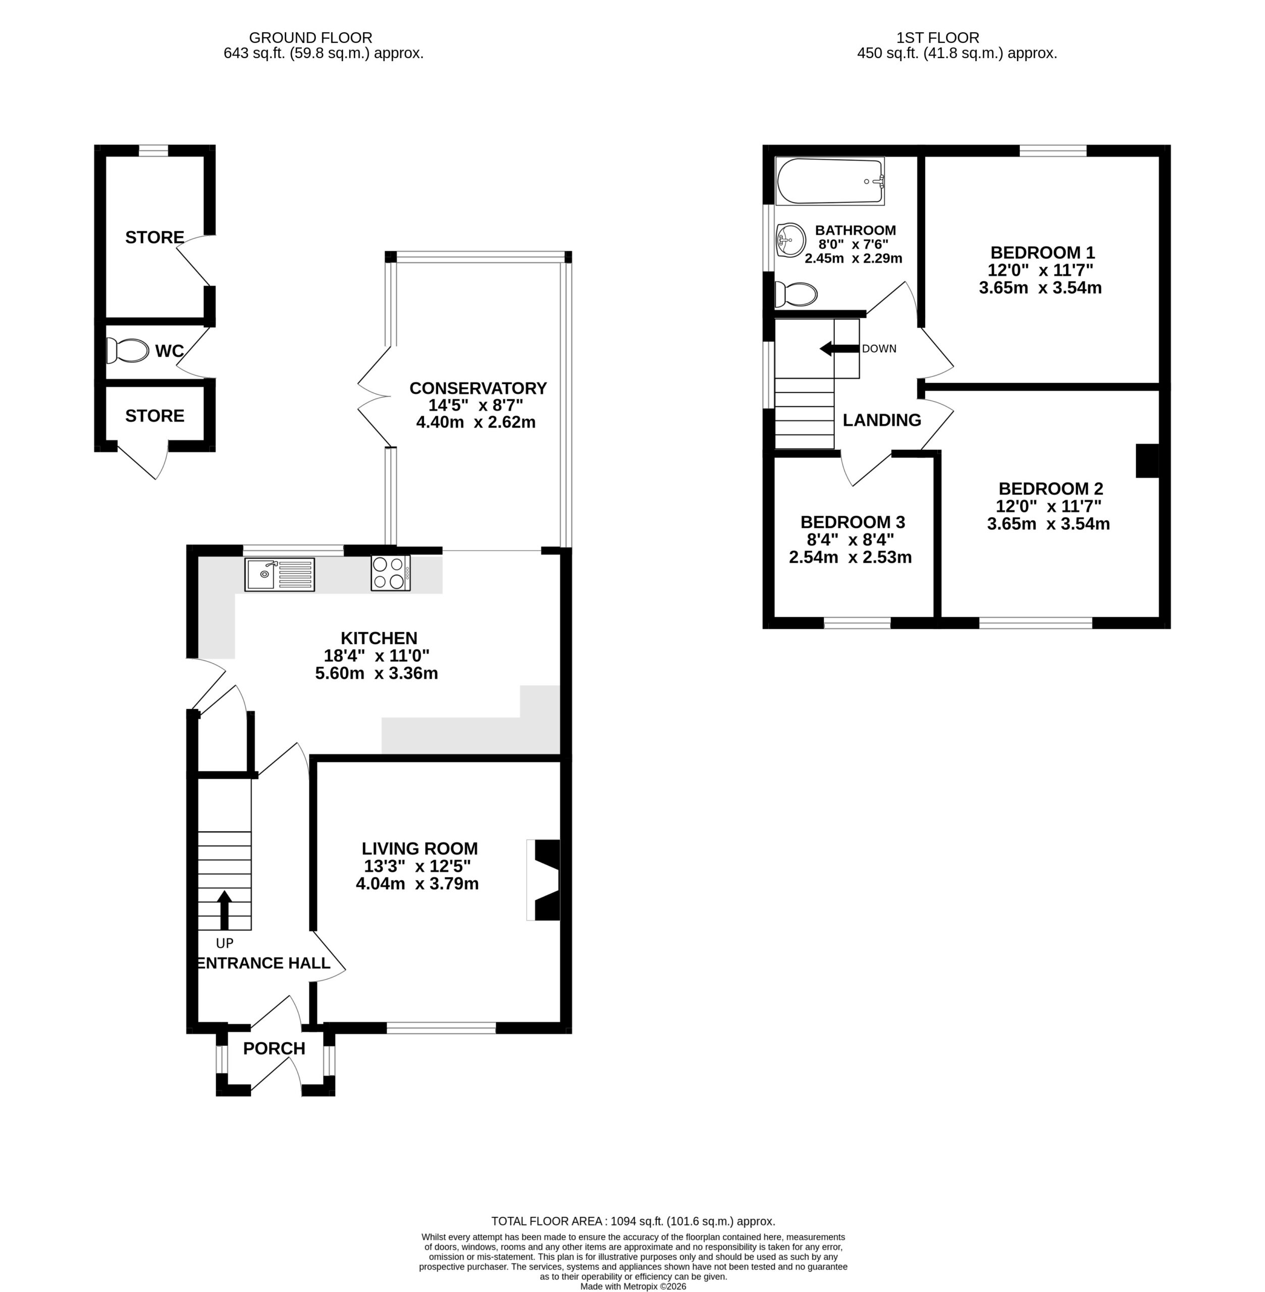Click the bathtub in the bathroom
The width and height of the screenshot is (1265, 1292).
point(830,181)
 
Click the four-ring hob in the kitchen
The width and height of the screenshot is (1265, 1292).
point(391,573)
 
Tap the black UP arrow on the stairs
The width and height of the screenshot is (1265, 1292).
point(225,909)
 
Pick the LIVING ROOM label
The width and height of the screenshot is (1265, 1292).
point(419,848)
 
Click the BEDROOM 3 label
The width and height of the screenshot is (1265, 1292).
point(853,522)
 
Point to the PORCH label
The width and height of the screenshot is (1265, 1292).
point(274,1048)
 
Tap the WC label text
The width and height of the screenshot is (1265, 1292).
point(170,351)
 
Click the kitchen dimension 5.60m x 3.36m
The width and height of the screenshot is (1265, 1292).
point(377,673)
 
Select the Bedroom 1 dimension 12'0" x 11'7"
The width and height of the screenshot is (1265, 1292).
point(1040,270)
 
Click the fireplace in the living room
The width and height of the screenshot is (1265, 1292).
point(544,880)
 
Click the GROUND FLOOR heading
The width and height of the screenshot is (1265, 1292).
point(310,38)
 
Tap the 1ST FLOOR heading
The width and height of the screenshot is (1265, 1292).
point(937,38)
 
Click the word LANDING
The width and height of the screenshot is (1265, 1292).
point(882,420)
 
